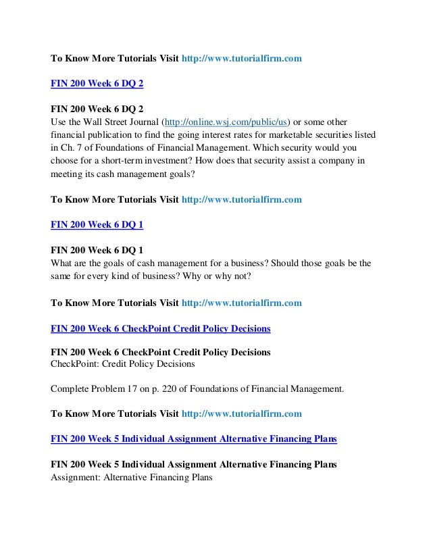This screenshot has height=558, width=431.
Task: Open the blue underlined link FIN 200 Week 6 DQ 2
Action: pyautogui.click(x=97, y=84)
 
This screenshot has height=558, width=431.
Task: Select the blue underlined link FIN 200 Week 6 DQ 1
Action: pyautogui.click(x=97, y=226)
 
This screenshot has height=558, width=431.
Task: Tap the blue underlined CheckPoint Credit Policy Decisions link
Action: pyautogui.click(x=161, y=328)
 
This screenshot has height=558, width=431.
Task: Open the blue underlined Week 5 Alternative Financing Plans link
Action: pyautogui.click(x=194, y=438)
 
